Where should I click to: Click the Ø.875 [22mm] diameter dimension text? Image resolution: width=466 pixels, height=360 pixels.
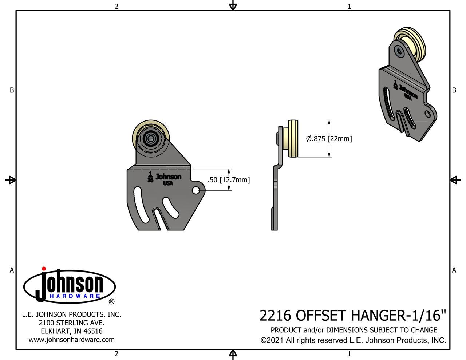tap(329, 139)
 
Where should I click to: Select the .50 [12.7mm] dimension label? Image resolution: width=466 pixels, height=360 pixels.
tap(229, 180)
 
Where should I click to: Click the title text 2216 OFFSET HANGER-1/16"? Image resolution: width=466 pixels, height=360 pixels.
tap(352, 315)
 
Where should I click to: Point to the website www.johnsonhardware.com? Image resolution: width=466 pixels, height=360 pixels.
tap(71, 340)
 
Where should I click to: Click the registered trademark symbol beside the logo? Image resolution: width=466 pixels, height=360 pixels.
tap(112, 302)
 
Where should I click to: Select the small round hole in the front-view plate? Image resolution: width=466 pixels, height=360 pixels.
tap(196, 190)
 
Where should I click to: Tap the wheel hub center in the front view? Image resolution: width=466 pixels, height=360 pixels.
tap(149, 138)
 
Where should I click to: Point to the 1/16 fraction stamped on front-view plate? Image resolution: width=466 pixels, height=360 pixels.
tap(150, 177)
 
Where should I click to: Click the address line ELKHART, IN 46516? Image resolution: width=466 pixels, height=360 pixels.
tap(71, 331)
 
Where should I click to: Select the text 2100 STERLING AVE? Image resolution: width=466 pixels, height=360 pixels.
tap(71, 323)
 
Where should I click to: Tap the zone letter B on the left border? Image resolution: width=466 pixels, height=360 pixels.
tap(12, 90)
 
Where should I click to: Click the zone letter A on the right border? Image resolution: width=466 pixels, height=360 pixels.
tap(454, 270)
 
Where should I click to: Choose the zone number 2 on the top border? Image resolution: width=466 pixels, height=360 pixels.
tap(116, 6)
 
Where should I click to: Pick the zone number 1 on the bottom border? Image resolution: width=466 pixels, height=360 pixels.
tap(349, 354)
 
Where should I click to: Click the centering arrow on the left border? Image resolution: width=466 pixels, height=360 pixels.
tap(11, 180)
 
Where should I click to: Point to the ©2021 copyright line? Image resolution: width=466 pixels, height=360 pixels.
tap(353, 340)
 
